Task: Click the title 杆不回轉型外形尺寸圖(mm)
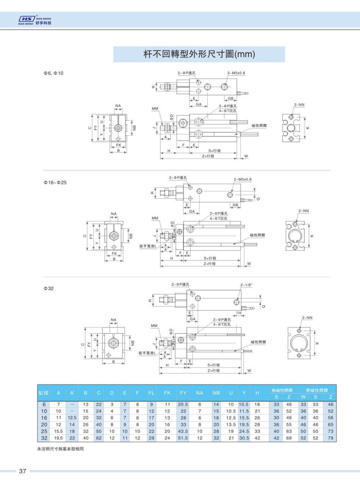tap(199, 54)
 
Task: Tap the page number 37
tap(22, 471)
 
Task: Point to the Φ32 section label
tap(49, 288)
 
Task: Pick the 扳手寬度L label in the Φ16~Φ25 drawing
tap(150, 246)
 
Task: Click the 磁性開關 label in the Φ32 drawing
tap(258, 342)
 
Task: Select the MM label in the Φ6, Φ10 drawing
tap(155, 109)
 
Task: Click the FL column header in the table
tap(151, 393)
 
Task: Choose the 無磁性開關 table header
tap(283, 390)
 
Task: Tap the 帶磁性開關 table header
tap(317, 390)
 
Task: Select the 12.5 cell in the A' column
tap(72, 418)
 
